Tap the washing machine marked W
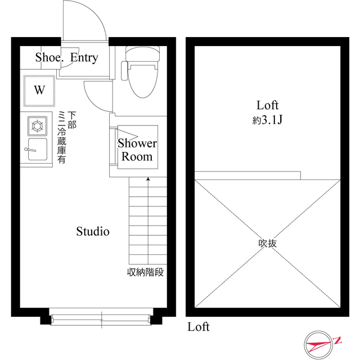tap(39, 90)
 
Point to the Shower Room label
tap(137, 150)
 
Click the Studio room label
tap(93, 231)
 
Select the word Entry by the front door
tap(84, 57)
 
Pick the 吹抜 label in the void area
tap(268, 244)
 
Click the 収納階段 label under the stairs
tap(145, 273)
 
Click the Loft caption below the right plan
tap(198, 327)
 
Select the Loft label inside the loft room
tap(268, 105)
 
